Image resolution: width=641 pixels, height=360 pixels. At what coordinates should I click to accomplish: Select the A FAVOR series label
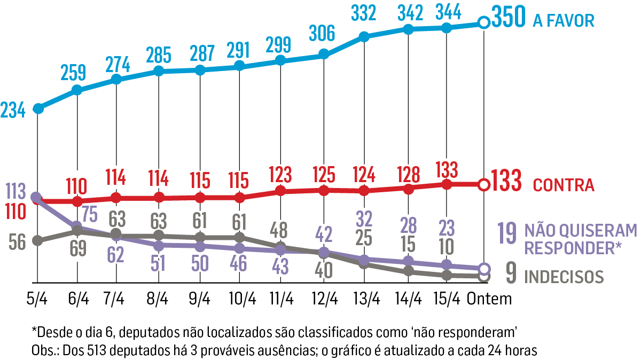coord(563,21)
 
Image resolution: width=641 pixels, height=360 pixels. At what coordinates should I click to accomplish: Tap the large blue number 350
coord(509,19)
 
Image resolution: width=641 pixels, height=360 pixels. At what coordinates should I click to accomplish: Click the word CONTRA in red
coord(564,185)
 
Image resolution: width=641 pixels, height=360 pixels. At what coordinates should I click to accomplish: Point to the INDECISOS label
coord(564,277)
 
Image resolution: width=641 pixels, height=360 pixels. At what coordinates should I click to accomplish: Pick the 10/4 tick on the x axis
coord(240,299)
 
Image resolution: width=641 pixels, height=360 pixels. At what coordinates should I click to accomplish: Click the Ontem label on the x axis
coord(489,299)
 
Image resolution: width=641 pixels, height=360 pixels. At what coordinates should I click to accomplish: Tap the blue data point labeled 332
coord(364,37)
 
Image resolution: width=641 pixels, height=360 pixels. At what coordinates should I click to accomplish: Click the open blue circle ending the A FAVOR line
coord(483,22)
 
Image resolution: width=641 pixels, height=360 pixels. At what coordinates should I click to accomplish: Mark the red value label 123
coord(280,175)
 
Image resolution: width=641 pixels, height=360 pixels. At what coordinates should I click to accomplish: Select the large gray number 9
coord(511,275)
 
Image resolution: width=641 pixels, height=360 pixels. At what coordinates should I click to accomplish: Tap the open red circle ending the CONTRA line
coord(483,185)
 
